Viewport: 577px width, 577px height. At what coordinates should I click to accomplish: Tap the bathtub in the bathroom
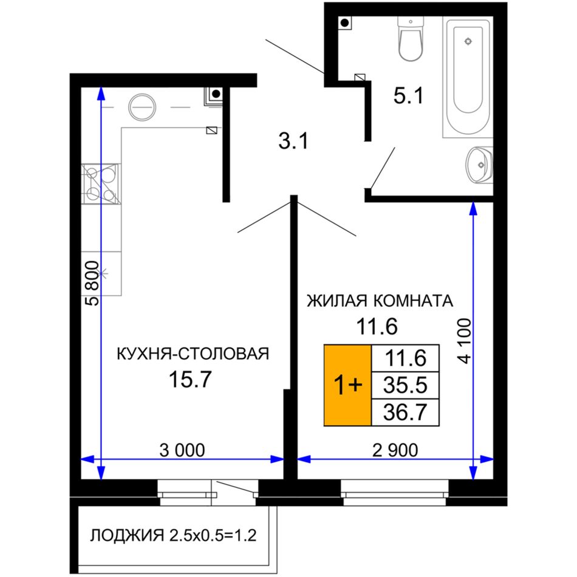click(x=468, y=77)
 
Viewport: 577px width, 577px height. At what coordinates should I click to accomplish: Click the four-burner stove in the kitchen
click(x=101, y=184)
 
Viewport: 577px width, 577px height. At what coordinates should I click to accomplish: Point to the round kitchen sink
click(x=142, y=107)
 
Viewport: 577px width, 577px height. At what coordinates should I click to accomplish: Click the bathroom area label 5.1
click(x=409, y=96)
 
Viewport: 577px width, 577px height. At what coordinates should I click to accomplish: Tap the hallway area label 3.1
click(x=293, y=141)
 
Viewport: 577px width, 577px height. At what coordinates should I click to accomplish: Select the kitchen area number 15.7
click(x=190, y=379)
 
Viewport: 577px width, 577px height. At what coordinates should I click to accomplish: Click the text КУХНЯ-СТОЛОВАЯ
click(x=193, y=353)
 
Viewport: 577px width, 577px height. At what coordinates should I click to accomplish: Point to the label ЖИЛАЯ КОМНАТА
click(x=380, y=301)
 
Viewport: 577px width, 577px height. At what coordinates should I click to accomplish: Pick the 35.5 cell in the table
click(x=406, y=385)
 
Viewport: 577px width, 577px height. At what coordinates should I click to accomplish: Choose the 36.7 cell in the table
click(x=406, y=412)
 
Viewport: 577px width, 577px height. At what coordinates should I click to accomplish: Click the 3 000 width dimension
click(x=182, y=451)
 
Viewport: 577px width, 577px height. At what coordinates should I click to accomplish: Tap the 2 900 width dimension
click(x=395, y=451)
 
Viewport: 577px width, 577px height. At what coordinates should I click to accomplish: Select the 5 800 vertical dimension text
click(x=92, y=284)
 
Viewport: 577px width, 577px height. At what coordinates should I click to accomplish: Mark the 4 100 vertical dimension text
click(x=465, y=341)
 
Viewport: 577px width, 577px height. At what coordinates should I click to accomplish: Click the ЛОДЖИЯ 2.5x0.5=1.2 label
click(x=173, y=536)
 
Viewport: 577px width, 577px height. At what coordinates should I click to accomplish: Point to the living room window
click(x=395, y=493)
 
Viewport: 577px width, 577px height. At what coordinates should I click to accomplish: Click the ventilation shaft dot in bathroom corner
click(x=345, y=23)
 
